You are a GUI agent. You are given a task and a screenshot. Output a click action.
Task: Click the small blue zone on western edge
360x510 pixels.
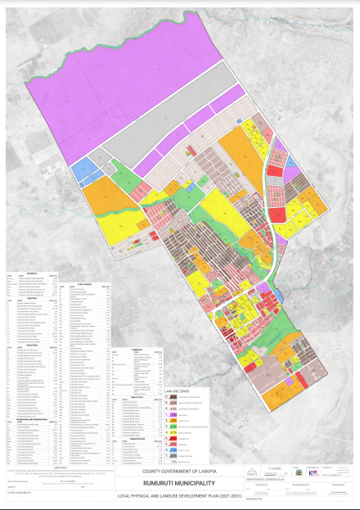[x=84, y=170]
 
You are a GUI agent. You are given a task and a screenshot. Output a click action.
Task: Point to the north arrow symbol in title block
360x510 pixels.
[x=250, y=470]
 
